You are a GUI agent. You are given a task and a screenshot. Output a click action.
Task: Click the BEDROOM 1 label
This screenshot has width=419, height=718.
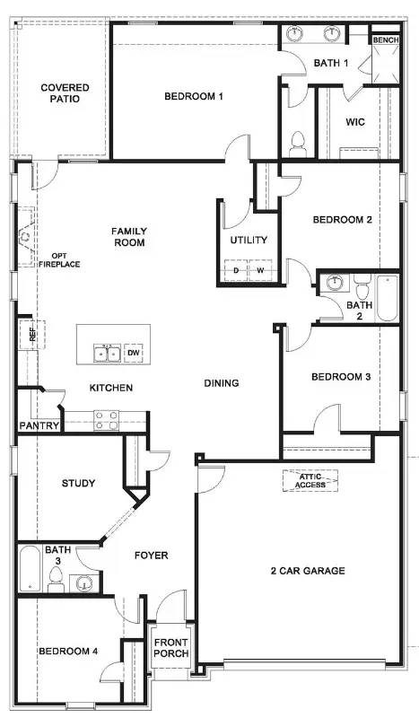(x=193, y=96)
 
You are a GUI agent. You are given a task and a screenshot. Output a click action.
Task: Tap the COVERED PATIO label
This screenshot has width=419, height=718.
(x=65, y=93)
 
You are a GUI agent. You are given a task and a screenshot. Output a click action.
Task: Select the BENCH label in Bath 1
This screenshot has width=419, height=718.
(x=385, y=40)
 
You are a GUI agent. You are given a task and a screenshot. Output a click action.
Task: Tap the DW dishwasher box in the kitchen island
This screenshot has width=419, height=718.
(x=133, y=353)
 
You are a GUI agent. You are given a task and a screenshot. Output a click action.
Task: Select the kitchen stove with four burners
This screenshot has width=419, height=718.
(x=106, y=416)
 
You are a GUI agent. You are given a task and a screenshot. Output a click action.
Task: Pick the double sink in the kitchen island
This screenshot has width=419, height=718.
(x=108, y=353)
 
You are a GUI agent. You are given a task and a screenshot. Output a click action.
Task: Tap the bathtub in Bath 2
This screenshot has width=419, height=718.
(x=387, y=298)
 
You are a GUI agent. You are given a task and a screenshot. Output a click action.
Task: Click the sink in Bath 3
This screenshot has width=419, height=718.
(x=86, y=583)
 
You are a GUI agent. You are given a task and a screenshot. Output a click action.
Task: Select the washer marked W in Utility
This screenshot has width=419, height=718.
(x=261, y=270)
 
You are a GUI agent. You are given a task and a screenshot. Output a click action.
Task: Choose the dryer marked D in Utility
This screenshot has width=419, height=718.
(x=237, y=270)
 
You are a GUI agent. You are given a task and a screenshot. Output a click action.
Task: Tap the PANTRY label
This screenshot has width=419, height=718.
(x=39, y=426)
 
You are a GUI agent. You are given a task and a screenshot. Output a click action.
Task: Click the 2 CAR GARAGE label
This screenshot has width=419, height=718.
(x=308, y=571)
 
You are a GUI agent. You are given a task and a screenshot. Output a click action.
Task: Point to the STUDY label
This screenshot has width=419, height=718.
(x=78, y=484)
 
